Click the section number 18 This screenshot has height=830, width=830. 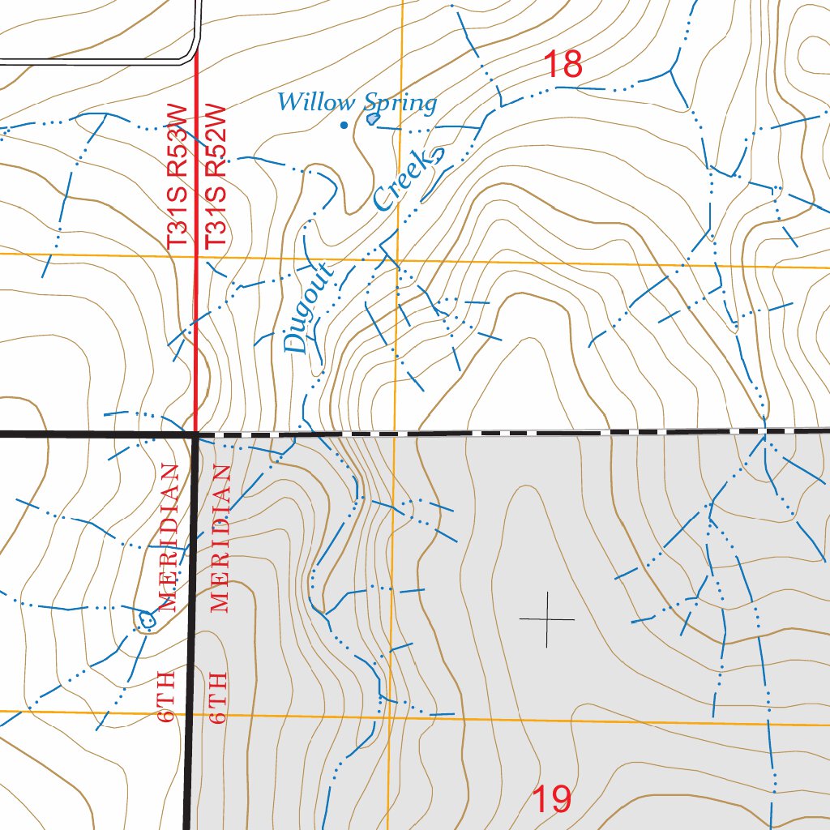(x=563, y=65)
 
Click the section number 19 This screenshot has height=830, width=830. (x=553, y=800)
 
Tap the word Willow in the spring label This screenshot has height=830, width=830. (x=316, y=103)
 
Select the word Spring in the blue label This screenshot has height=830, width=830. (x=400, y=103)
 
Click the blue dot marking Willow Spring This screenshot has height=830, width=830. (x=344, y=125)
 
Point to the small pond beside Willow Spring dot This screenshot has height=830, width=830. (x=372, y=118)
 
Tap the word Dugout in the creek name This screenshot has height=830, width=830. (x=306, y=308)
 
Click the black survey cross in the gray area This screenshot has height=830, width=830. (x=547, y=619)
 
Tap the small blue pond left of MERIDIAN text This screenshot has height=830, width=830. (x=146, y=620)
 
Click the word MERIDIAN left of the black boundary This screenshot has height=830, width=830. (x=169, y=537)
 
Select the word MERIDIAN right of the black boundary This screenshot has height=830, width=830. (x=221, y=537)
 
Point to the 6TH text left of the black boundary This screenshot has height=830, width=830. (x=169, y=696)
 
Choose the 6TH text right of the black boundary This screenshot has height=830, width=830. (x=217, y=696)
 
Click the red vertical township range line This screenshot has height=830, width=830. (x=197, y=324)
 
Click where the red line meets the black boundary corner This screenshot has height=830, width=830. (x=197, y=435)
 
